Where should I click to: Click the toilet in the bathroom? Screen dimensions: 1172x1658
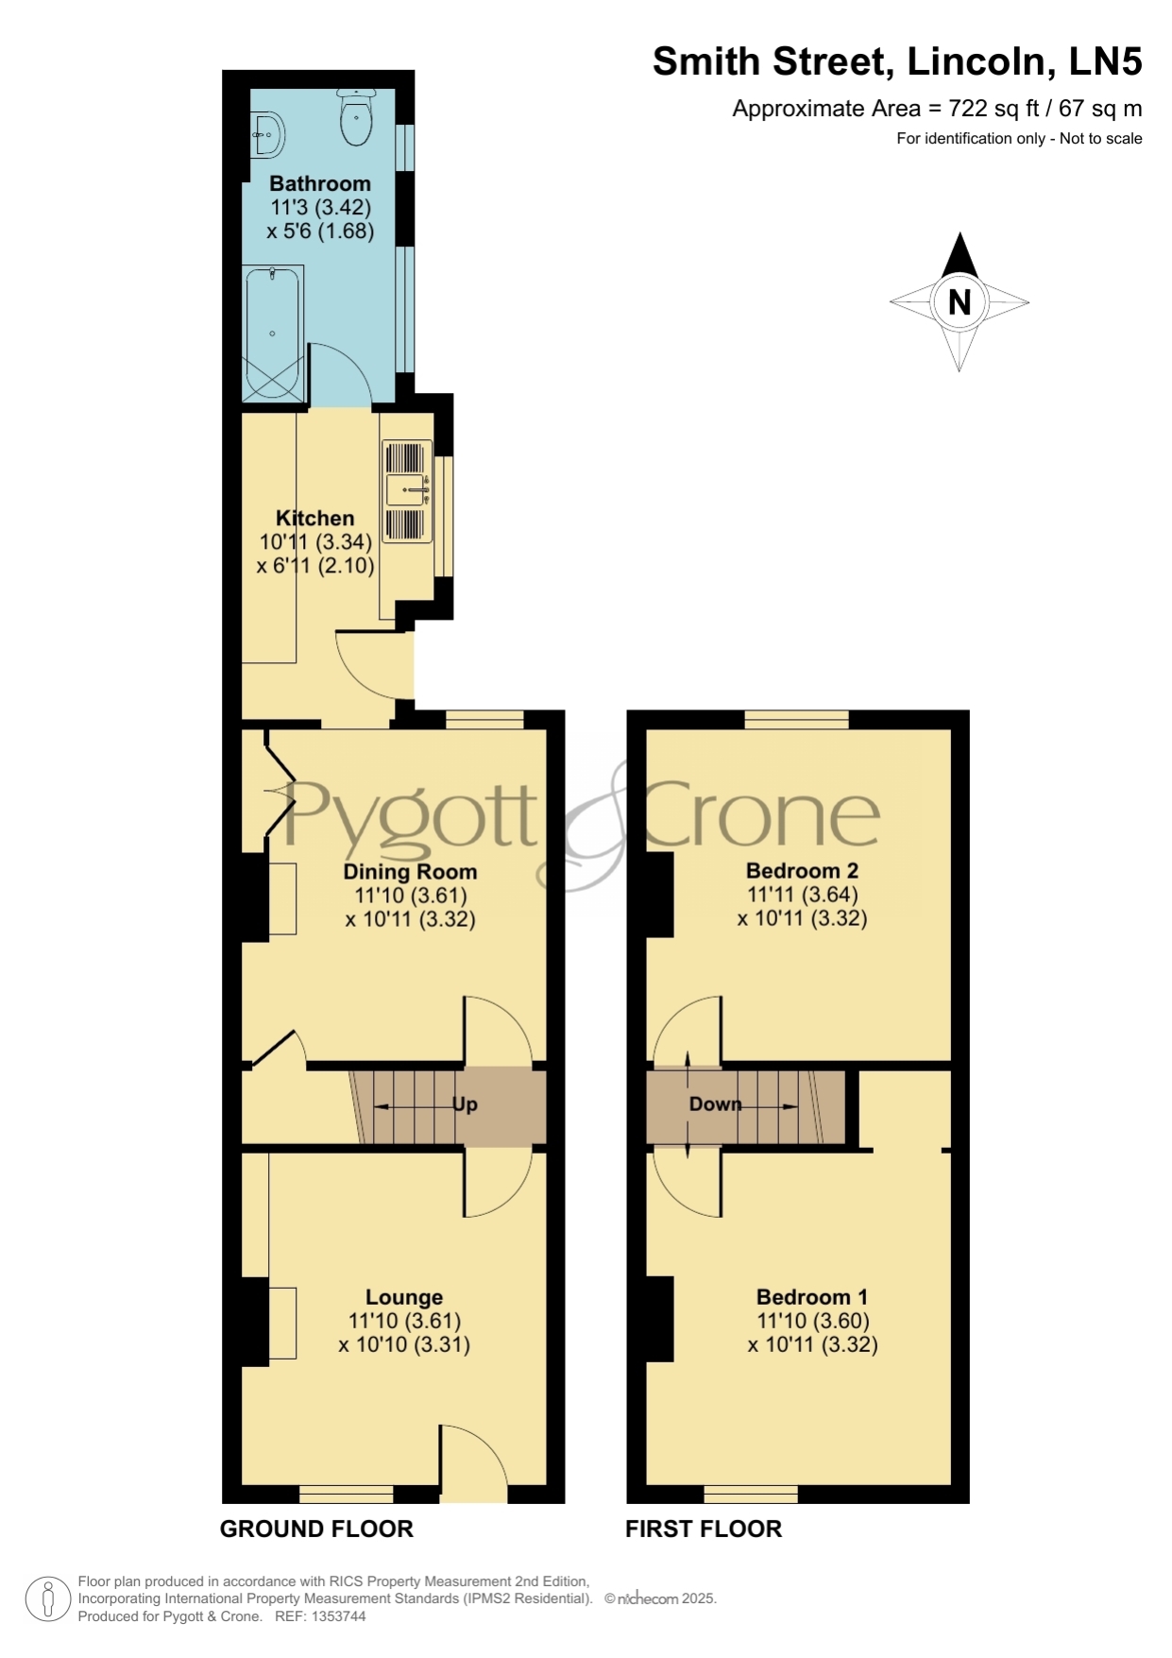pyautogui.click(x=356, y=117)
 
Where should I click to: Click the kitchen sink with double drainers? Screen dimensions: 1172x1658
pyautogui.click(x=407, y=491)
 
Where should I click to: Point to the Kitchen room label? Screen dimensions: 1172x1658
pyautogui.click(x=315, y=518)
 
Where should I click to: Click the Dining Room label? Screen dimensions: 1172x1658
pyautogui.click(x=410, y=871)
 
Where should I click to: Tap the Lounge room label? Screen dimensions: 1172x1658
pyautogui.click(x=404, y=1297)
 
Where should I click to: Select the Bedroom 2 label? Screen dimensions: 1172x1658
pyautogui.click(x=802, y=870)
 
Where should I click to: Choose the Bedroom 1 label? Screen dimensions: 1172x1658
pyautogui.click(x=812, y=1297)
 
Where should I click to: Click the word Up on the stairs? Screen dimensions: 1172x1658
pyautogui.click(x=465, y=1104)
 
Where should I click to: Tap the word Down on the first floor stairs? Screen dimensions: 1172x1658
pyautogui.click(x=715, y=1103)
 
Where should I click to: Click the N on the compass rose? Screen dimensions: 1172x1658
pyautogui.click(x=960, y=302)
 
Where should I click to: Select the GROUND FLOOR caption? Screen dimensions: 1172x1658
pyautogui.click(x=316, y=1529)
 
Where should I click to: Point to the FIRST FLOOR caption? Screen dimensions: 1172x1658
pyautogui.click(x=704, y=1529)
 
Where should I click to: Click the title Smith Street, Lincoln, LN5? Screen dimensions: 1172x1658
pyautogui.click(x=897, y=61)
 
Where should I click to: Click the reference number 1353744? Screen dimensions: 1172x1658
pyautogui.click(x=338, y=1616)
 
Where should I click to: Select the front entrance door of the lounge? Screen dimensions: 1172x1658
pyautogui.click(x=473, y=1464)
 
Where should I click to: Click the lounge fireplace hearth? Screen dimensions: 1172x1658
pyautogui.click(x=282, y=1323)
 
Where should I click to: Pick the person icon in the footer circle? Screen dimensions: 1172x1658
pyautogui.click(x=47, y=1599)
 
